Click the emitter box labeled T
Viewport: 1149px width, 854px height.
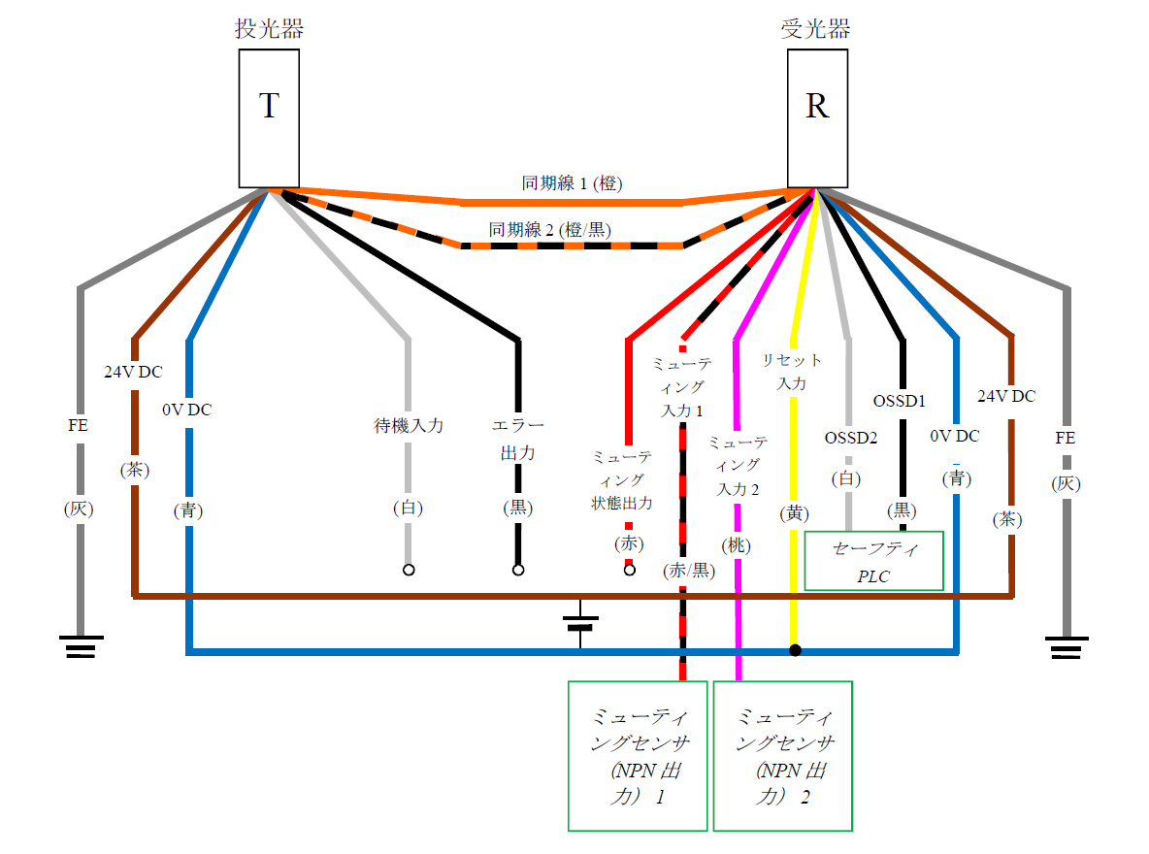pos(269,117)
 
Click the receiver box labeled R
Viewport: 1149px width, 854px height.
pos(817,117)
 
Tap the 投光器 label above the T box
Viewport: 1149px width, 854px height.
pos(269,29)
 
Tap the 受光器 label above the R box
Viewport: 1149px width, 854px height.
pos(816,29)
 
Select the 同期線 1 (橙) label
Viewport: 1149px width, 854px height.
pos(572,183)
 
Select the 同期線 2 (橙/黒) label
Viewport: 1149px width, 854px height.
pos(550,230)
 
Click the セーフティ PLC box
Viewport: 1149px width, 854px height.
pos(874,561)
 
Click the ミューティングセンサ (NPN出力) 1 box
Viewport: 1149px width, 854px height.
pos(638,756)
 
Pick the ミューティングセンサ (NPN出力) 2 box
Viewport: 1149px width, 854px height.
pos(783,756)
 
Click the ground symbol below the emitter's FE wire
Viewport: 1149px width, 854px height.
pos(80,646)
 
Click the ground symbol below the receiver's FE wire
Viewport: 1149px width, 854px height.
pos(1067,646)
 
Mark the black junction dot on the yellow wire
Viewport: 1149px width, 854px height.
pos(795,650)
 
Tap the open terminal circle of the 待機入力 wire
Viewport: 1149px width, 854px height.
pos(409,570)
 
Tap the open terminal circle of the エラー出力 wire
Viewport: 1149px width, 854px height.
pos(518,570)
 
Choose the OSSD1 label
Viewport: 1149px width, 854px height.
pos(900,400)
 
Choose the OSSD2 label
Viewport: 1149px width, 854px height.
pos(850,439)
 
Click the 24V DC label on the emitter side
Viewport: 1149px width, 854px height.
pos(134,371)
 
